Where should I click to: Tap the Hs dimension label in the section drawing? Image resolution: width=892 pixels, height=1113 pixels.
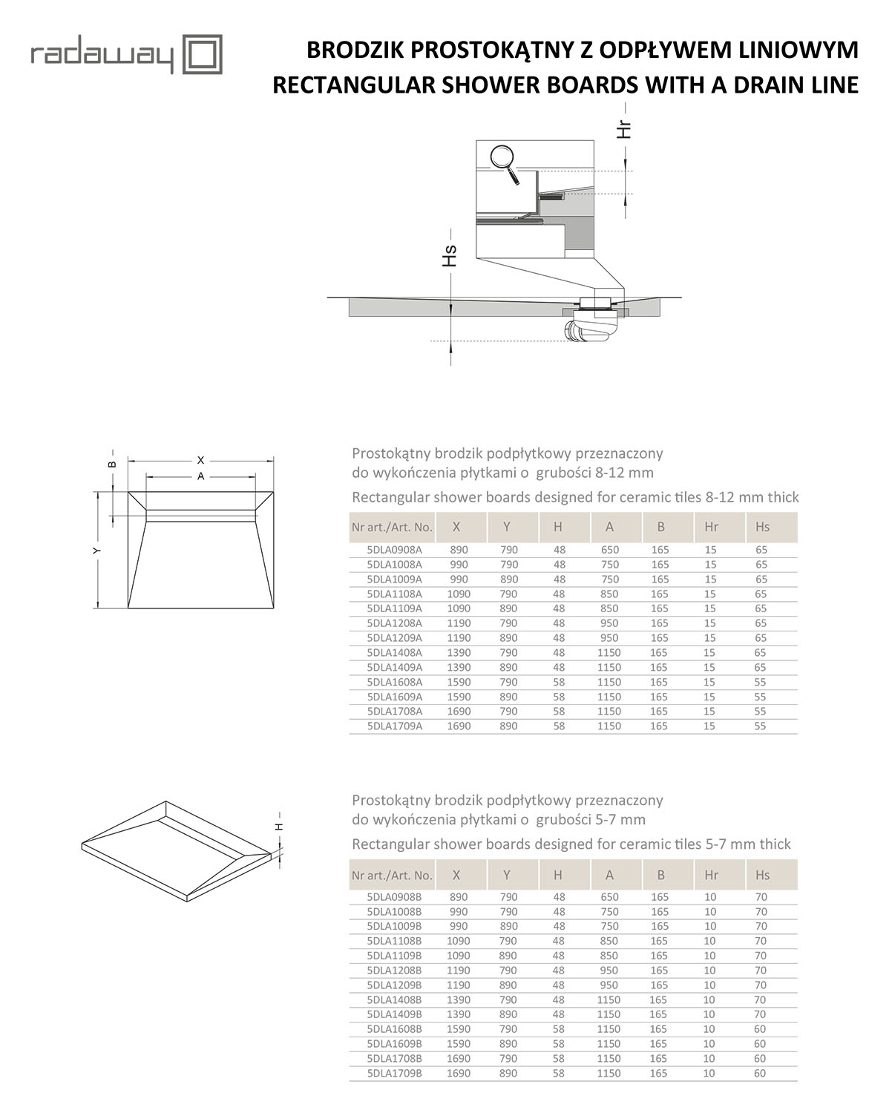pyautogui.click(x=449, y=256)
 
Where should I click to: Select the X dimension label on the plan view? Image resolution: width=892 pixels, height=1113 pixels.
pyautogui.click(x=200, y=461)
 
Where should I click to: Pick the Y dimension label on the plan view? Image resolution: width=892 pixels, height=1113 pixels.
pyautogui.click(x=97, y=550)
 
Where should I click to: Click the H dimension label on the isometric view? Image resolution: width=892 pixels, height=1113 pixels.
pyautogui.click(x=280, y=826)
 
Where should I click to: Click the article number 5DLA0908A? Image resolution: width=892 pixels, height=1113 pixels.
pyautogui.click(x=394, y=550)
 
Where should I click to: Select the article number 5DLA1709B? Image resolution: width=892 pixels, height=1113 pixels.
pyautogui.click(x=394, y=1073)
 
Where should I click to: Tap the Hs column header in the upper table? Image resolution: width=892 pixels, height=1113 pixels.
pyautogui.click(x=762, y=527)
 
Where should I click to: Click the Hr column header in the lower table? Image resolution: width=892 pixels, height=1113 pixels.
pyautogui.click(x=711, y=875)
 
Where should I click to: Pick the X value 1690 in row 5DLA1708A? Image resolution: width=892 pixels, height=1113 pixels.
pyautogui.click(x=459, y=712)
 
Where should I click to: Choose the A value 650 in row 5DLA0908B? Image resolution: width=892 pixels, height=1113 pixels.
pyautogui.click(x=609, y=897)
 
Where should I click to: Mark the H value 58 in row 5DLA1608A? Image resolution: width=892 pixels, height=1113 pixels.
pyautogui.click(x=558, y=682)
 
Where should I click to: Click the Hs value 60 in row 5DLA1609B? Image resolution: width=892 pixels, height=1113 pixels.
pyautogui.click(x=761, y=1044)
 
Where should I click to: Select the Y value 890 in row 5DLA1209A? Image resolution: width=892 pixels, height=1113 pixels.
pyautogui.click(x=508, y=638)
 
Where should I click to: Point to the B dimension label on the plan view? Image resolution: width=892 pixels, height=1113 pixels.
pyautogui.click(x=112, y=464)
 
